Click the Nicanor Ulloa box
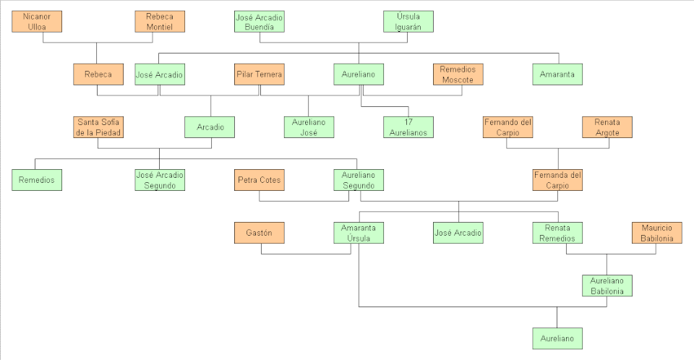pyautogui.click(x=37, y=22)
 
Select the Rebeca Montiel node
pyautogui.click(x=160, y=22)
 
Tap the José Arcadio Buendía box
pyautogui.click(x=259, y=22)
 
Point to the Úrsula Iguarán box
pyautogui.click(x=408, y=22)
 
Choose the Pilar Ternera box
pyautogui.click(x=259, y=74)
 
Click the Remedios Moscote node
pyautogui.click(x=458, y=74)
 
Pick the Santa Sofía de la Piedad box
pyautogui.click(x=98, y=127)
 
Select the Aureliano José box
pyautogui.click(x=309, y=127)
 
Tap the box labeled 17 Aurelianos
pyautogui.click(x=408, y=127)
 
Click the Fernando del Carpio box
pyautogui.click(x=507, y=127)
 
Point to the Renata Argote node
pyautogui.click(x=607, y=127)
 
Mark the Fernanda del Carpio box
pyautogui.click(x=557, y=180)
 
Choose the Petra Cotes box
pyautogui.click(x=259, y=180)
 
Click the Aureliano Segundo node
pyautogui.click(x=359, y=180)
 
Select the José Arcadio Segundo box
pyautogui.click(x=160, y=180)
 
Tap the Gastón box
pyautogui.click(x=259, y=233)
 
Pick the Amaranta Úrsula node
pyautogui.click(x=359, y=233)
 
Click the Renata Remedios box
pyautogui.click(x=557, y=233)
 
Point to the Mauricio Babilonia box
pyautogui.click(x=656, y=233)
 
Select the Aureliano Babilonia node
pyautogui.click(x=607, y=286)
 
